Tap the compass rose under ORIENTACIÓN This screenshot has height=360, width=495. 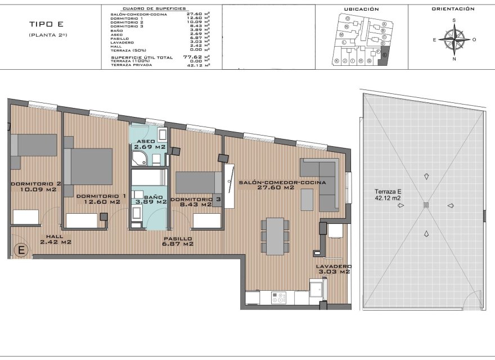pyautogui.click(x=454, y=40)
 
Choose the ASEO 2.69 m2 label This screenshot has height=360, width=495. pyautogui.click(x=149, y=145)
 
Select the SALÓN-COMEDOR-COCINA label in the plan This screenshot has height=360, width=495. pyautogui.click(x=282, y=183)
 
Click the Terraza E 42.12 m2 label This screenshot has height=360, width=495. pyautogui.click(x=387, y=194)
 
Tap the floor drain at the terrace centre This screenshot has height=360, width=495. pyautogui.click(x=425, y=205)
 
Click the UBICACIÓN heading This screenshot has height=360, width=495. pyautogui.click(x=361, y=10)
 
